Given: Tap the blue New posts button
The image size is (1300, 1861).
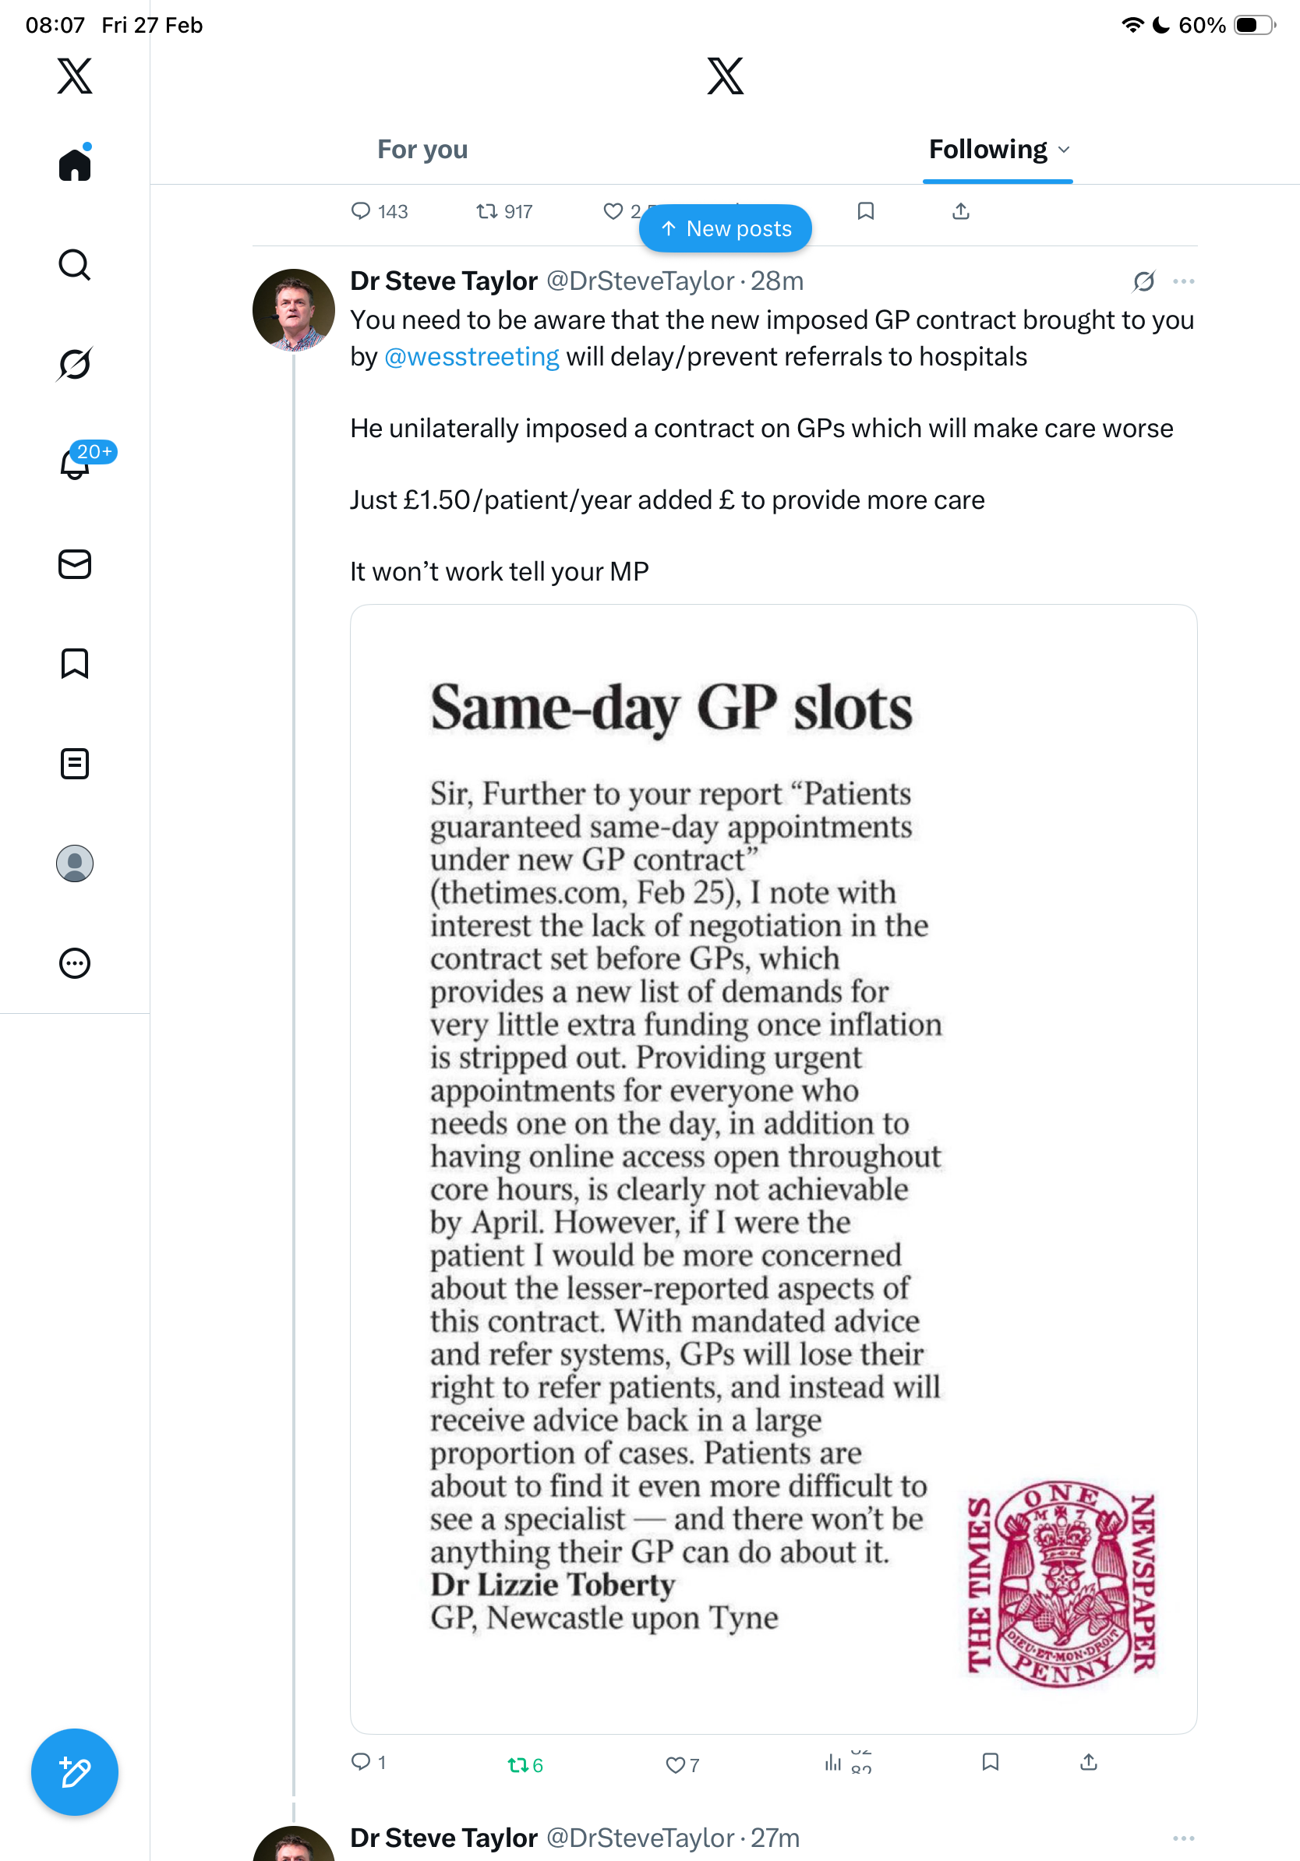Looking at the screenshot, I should tap(726, 228).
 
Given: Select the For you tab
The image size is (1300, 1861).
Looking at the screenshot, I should tap(422, 150).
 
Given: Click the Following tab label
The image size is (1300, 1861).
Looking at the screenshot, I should tap(988, 150).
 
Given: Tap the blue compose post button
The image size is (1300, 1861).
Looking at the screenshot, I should tap(75, 1772).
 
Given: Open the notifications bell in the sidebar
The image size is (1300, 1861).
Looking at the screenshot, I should tap(75, 464).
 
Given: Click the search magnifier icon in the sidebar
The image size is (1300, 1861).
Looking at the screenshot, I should tap(75, 265).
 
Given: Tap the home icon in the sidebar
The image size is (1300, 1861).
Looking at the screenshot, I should tap(75, 165).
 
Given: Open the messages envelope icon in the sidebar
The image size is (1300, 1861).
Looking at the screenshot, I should tap(75, 564).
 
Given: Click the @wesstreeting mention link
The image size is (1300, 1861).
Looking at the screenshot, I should tap(472, 357).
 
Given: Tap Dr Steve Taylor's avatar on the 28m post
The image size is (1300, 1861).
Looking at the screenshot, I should tap(293, 309).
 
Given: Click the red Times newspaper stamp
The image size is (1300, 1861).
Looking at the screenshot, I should tap(1061, 1585).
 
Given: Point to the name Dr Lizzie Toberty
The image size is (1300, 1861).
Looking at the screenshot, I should tap(553, 1585).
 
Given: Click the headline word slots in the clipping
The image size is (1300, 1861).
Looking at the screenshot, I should tap(852, 708).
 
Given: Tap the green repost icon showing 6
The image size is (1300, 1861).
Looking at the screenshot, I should tap(518, 1764).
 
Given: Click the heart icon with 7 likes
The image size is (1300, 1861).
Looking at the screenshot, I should tap(675, 1764).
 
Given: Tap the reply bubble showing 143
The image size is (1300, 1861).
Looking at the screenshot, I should tap(361, 211).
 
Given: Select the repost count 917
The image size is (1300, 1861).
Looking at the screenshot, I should tap(517, 212).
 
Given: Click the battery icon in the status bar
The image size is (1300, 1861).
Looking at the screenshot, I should tap(1253, 25).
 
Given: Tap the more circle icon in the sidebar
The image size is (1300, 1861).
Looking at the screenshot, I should tap(75, 964).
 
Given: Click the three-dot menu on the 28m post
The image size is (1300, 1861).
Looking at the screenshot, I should tap(1183, 281).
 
